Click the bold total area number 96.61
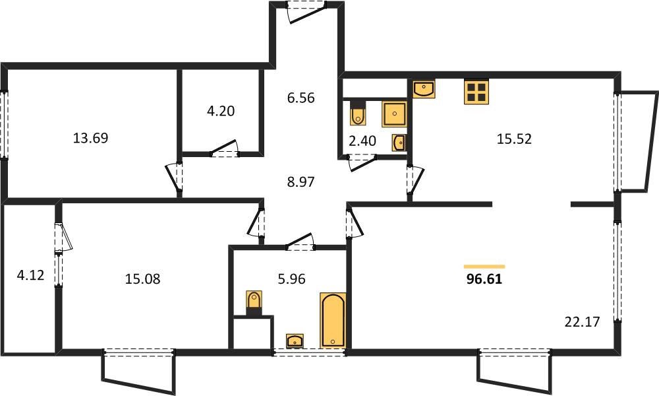(x=484, y=279)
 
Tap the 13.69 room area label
(x=91, y=138)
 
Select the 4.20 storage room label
(x=221, y=111)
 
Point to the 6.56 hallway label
(x=301, y=98)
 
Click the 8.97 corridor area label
(x=301, y=181)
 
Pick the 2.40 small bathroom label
(x=362, y=141)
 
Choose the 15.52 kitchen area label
(x=514, y=139)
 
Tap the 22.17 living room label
(x=582, y=322)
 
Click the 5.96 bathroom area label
(x=292, y=279)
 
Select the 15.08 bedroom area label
(x=142, y=279)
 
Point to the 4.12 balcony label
(x=30, y=275)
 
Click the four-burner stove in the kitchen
(x=476, y=92)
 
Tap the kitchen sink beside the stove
(x=424, y=89)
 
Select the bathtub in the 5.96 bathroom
(x=333, y=320)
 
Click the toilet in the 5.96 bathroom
(x=254, y=302)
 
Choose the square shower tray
(x=394, y=114)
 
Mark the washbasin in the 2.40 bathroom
(x=399, y=143)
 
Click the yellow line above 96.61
(x=484, y=267)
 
